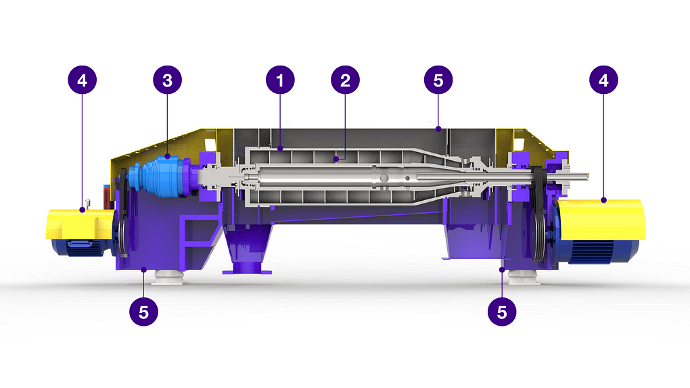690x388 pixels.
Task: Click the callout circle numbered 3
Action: click(167, 80)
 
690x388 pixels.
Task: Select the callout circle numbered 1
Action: click(280, 80)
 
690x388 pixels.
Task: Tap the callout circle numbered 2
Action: click(346, 80)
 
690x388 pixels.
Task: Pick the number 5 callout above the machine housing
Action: click(438, 80)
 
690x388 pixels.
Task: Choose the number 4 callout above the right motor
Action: click(603, 80)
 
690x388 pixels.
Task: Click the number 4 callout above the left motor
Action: click(83, 80)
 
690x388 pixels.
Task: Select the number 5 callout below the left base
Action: click(144, 312)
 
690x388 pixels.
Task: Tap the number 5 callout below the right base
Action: click(502, 312)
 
